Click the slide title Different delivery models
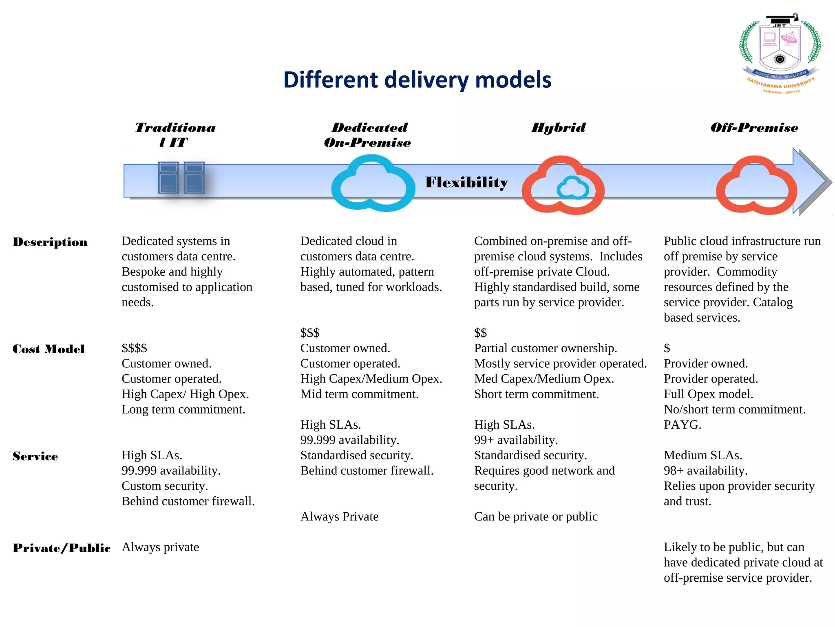(x=417, y=80)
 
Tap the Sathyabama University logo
(x=780, y=53)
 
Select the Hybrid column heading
(x=558, y=128)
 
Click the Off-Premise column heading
(x=754, y=128)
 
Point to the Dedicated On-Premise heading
(x=368, y=135)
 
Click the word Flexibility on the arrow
(x=466, y=182)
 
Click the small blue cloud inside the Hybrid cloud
(x=573, y=188)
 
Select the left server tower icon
(x=168, y=178)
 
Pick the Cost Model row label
(x=49, y=349)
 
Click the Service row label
(x=35, y=456)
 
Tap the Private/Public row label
(x=62, y=548)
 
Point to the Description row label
(x=50, y=242)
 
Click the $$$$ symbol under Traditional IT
(x=134, y=348)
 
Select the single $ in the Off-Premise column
(x=667, y=348)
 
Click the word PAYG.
(x=682, y=425)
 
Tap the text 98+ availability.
(x=705, y=471)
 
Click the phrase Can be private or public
(x=535, y=517)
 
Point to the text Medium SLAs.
(x=702, y=456)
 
